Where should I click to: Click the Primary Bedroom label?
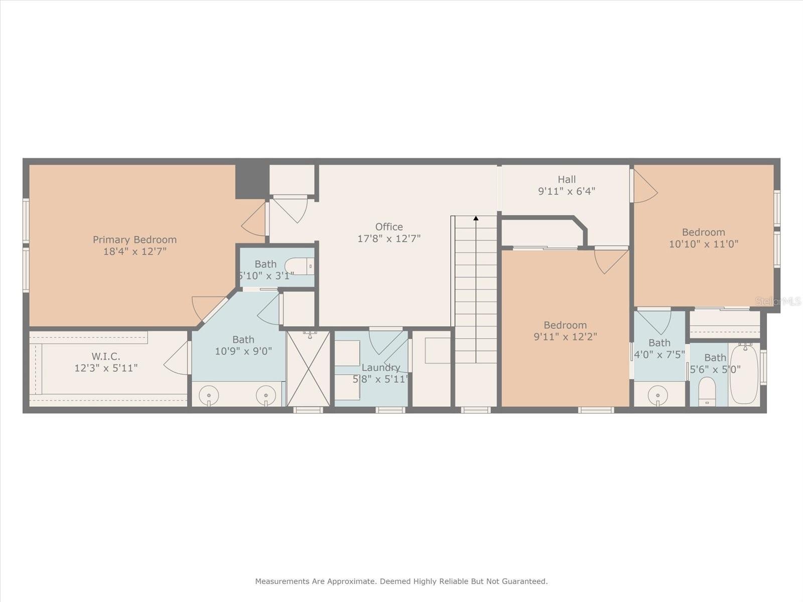click(x=135, y=240)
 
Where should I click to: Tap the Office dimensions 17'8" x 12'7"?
click(x=389, y=239)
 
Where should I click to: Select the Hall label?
click(x=567, y=180)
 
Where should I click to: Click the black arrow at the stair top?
click(x=476, y=218)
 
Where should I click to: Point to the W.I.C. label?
click(x=106, y=356)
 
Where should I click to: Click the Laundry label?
click(x=380, y=368)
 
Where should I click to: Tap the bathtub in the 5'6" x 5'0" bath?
click(x=744, y=373)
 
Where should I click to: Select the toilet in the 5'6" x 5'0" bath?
click(x=707, y=391)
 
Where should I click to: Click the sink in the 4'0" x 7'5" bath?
click(x=658, y=395)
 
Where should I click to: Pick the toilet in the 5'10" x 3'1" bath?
click(x=299, y=266)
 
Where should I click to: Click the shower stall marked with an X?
click(x=308, y=368)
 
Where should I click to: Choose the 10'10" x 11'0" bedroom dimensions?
click(x=704, y=244)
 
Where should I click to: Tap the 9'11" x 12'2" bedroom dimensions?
click(x=566, y=337)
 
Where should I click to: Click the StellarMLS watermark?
click(x=778, y=302)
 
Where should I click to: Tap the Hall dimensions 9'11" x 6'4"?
click(x=567, y=191)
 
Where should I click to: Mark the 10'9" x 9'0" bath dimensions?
click(x=243, y=351)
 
